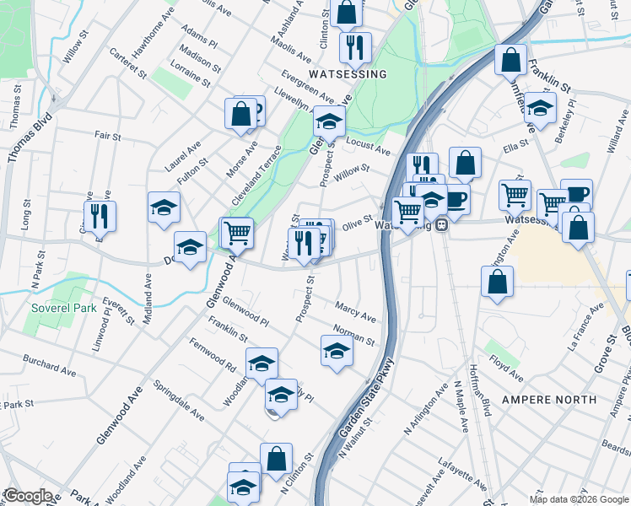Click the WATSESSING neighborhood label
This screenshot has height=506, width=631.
[348, 74]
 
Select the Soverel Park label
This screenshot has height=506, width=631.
[63, 308]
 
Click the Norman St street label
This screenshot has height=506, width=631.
[353, 335]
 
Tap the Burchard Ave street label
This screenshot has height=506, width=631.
[51, 367]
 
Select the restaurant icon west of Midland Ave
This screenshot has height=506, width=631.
[100, 215]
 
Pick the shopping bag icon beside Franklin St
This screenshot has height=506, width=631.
[510, 59]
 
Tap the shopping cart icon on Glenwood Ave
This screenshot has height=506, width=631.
[238, 231]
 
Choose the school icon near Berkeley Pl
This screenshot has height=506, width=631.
[540, 107]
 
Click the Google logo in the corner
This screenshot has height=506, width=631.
[28, 496]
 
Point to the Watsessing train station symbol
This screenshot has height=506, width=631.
[441, 226]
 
